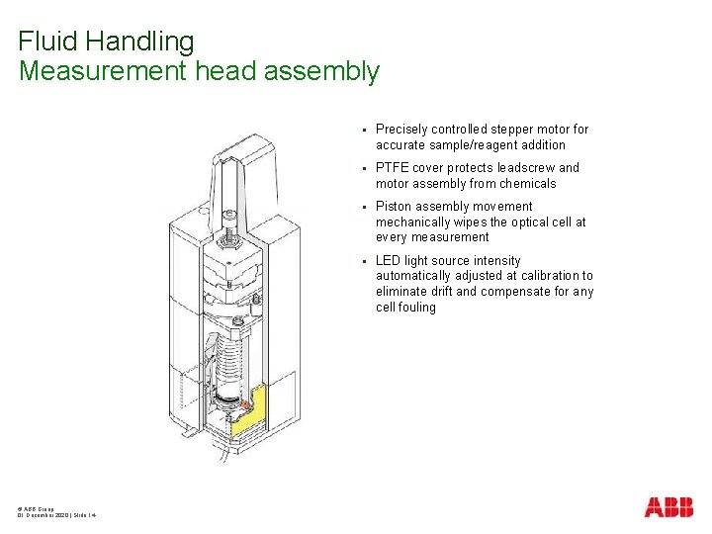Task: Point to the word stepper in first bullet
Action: tap(508, 130)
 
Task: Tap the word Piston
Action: tap(394, 207)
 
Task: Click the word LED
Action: tap(389, 261)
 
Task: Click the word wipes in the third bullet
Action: tap(476, 222)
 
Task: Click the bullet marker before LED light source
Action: tap(364, 261)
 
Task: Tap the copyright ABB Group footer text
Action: tap(36, 507)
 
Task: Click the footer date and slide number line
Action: tap(56, 515)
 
